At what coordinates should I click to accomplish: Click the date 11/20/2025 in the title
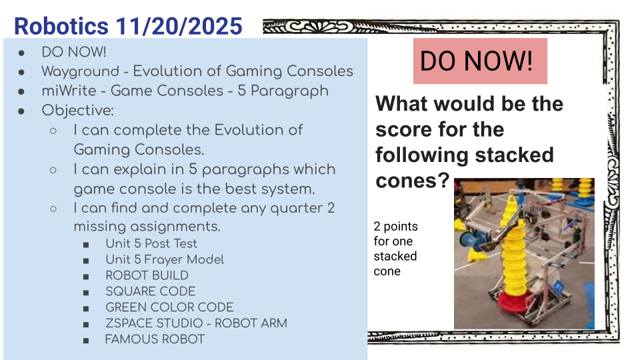(x=179, y=26)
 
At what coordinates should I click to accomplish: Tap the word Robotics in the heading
(x=61, y=26)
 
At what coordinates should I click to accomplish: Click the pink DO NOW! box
(x=480, y=61)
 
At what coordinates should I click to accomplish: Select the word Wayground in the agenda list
(x=81, y=71)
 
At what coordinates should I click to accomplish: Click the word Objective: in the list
(x=77, y=110)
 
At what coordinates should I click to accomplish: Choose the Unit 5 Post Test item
(x=151, y=244)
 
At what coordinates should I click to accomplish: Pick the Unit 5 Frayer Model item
(x=165, y=259)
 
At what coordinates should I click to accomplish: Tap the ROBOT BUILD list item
(x=147, y=275)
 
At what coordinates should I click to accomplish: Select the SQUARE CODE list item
(x=150, y=291)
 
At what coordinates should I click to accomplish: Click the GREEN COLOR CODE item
(x=169, y=307)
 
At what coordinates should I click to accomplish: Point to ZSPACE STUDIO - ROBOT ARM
(x=196, y=323)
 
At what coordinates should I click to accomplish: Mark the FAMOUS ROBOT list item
(x=155, y=339)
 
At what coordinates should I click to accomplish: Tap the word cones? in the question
(x=412, y=181)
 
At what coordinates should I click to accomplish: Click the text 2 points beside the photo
(x=395, y=227)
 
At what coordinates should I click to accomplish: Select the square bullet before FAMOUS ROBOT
(x=86, y=340)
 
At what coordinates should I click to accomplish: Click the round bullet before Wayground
(x=21, y=72)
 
